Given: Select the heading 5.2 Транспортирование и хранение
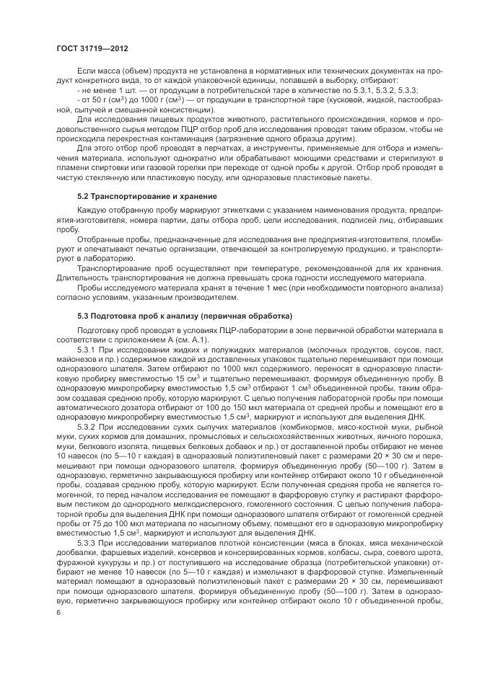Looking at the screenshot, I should click(137, 196).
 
